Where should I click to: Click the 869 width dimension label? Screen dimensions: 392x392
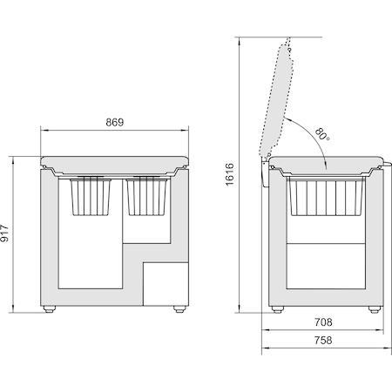coord(115,122)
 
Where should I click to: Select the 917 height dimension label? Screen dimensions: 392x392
coord(5,233)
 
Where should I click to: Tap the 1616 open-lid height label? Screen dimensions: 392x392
coord(229,174)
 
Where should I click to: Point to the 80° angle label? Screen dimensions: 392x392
coord(322,134)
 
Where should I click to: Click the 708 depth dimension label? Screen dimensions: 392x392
coord(323,322)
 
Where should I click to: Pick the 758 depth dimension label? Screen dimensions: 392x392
coord(323,340)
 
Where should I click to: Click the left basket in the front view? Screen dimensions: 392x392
coord(91,197)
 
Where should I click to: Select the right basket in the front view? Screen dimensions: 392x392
coord(147,197)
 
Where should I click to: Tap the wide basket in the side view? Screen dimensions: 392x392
coord(326,197)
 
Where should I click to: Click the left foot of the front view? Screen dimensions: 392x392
coord(49,309)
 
